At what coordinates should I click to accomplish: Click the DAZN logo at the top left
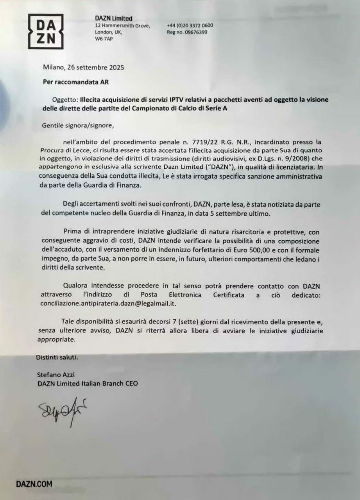pyautogui.click(x=46, y=31)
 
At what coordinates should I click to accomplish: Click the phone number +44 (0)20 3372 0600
pyautogui.click(x=190, y=25)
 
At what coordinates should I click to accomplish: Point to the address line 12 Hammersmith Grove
pyautogui.click(x=122, y=25)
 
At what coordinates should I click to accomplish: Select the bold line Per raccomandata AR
pyautogui.click(x=70, y=82)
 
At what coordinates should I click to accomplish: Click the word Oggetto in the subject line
pyautogui.click(x=64, y=100)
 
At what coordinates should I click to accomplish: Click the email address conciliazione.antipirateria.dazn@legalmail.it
pyautogui.click(x=106, y=303)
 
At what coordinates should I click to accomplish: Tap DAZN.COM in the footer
pyautogui.click(x=34, y=484)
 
